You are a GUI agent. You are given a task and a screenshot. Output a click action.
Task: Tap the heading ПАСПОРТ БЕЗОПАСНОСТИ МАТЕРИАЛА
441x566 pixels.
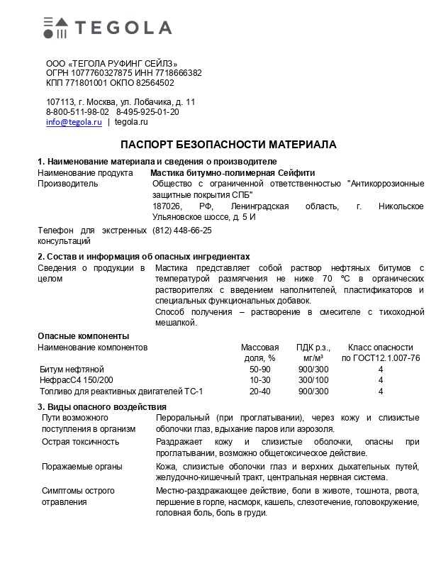coord(228,145)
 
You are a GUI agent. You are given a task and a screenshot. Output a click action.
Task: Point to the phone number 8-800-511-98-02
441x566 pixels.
coord(77,111)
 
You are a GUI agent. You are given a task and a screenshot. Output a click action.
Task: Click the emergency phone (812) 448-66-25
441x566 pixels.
coord(182,231)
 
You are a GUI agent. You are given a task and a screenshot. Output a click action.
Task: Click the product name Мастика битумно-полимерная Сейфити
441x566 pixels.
coord(233,172)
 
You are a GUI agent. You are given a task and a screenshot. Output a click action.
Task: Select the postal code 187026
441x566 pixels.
coord(167,206)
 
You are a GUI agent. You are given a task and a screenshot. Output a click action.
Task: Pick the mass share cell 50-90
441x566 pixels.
coord(259,370)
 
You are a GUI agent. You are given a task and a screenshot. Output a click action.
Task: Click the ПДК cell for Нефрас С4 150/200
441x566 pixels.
coord(313,380)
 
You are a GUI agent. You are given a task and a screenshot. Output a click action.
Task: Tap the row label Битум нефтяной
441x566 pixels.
coord(72,370)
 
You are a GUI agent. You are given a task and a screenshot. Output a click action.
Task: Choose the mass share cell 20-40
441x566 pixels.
coord(259,391)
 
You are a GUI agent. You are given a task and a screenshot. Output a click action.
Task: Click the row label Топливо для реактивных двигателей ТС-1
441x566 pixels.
coord(121,391)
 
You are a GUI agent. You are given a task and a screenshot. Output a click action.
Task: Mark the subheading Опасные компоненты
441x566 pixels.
coord(83,335)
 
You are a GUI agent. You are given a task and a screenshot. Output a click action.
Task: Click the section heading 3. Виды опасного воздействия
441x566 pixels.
coord(101,406)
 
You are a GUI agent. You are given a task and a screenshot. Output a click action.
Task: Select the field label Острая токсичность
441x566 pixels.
coord(79,441)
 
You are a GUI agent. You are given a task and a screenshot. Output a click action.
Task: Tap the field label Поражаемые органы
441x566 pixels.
coord(81,466)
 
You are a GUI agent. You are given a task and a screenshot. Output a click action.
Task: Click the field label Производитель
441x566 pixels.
coord(67,183)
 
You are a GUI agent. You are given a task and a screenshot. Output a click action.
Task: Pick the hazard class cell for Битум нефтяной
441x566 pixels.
coord(380,370)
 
